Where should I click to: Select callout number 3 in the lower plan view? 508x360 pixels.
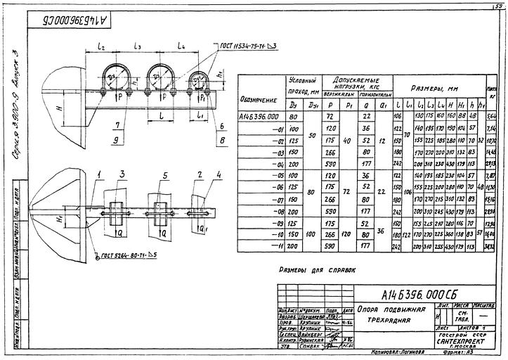(122, 174)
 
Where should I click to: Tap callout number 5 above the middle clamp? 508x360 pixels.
(164, 174)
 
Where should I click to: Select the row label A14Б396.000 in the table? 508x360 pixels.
(260, 116)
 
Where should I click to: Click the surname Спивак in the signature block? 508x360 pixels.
(309, 345)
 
